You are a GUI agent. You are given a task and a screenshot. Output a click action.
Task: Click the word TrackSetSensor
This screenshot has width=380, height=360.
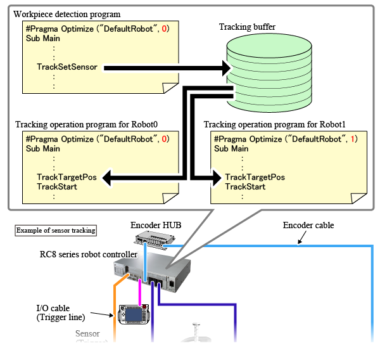click(67, 67)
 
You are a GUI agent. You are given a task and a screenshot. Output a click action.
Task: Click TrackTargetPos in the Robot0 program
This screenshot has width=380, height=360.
click(66, 177)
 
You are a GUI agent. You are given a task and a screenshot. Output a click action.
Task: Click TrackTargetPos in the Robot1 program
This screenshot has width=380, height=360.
click(255, 177)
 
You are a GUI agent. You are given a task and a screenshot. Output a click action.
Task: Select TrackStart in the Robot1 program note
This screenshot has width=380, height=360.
click(245, 187)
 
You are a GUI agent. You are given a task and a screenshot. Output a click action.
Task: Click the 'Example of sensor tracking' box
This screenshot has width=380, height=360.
click(55, 230)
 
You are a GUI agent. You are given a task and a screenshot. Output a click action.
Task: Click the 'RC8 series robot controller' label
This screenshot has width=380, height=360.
click(89, 255)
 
